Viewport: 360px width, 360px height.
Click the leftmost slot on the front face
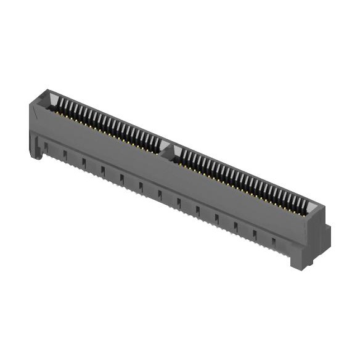coord(46,146)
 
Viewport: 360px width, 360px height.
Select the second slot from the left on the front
coord(65,153)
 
